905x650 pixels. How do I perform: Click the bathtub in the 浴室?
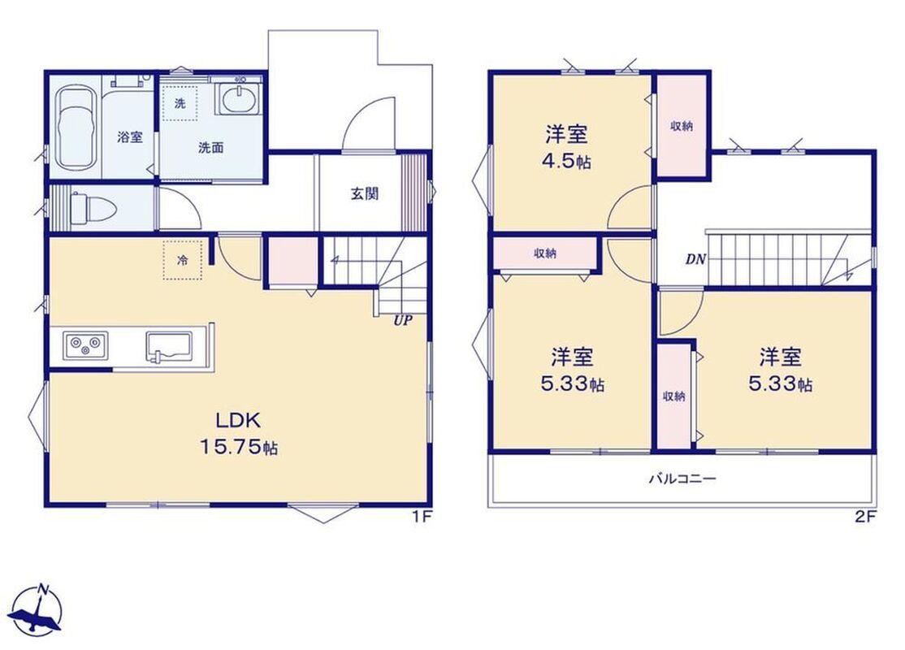click(75, 128)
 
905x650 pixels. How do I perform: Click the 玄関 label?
click(365, 193)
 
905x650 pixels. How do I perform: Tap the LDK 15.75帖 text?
click(239, 433)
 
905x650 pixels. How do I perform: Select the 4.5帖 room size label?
click(567, 162)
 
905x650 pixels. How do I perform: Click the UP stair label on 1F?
click(403, 320)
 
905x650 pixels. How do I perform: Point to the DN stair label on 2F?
click(695, 259)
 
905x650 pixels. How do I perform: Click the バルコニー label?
click(683, 479)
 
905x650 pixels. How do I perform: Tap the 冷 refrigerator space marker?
click(183, 260)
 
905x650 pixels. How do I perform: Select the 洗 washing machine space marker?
click(180, 103)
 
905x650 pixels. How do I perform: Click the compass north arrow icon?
click(37, 613)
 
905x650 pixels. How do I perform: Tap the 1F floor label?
click(422, 517)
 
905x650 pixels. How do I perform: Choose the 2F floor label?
click(865, 517)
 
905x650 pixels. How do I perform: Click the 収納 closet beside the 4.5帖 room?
click(682, 126)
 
